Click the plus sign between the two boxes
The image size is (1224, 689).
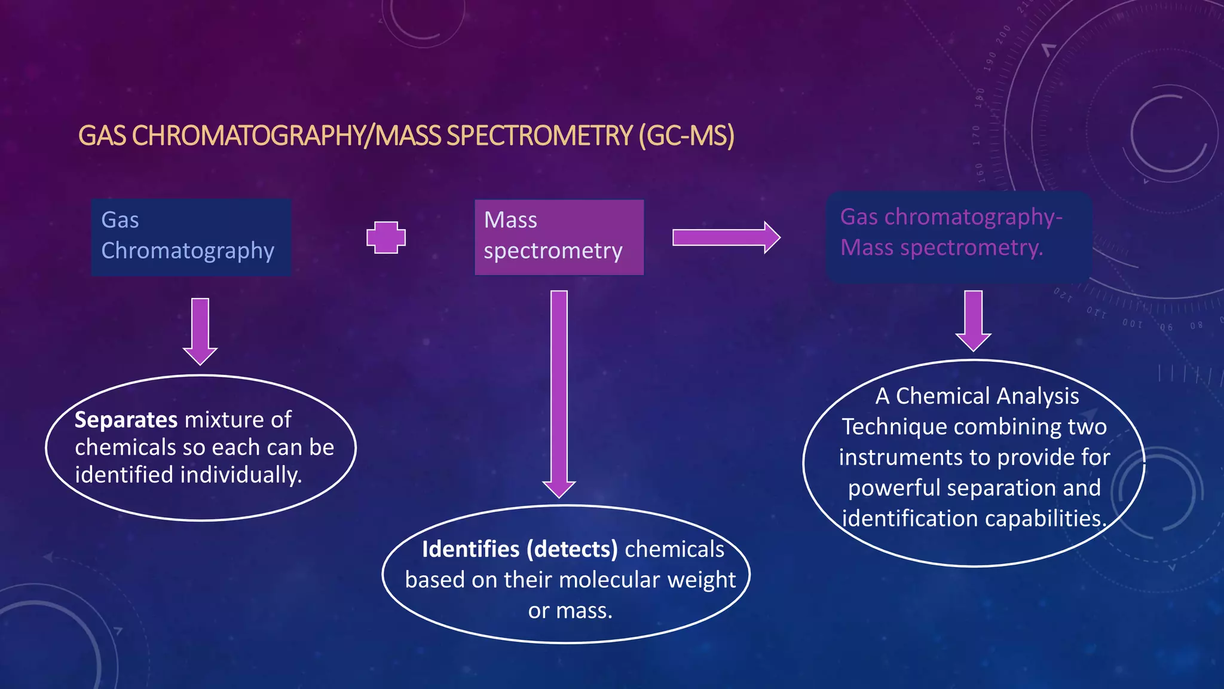(x=386, y=237)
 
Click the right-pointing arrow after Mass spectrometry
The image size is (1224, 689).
(x=726, y=237)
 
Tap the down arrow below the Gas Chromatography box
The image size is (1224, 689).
(x=200, y=331)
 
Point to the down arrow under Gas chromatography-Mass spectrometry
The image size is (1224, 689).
(x=973, y=321)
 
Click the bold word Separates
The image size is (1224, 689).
(x=126, y=420)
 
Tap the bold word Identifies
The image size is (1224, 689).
(x=471, y=549)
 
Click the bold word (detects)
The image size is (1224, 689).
(x=572, y=549)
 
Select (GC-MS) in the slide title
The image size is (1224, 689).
(x=686, y=136)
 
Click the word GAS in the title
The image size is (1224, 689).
(x=102, y=136)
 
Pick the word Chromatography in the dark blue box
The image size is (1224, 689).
(x=188, y=251)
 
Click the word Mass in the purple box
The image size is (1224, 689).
(x=510, y=220)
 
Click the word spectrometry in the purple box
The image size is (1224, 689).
(x=553, y=251)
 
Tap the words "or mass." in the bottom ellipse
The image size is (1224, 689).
(x=570, y=611)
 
